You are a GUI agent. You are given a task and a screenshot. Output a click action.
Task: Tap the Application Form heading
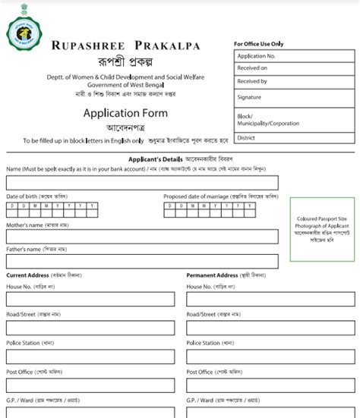pos(125,114)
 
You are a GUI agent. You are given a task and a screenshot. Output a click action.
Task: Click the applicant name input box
pos(141,183)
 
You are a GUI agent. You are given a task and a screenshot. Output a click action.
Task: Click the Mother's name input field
pos(141,235)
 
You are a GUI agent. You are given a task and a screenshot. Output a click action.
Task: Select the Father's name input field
pos(141,259)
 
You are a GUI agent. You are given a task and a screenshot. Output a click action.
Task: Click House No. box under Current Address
pos(90,300)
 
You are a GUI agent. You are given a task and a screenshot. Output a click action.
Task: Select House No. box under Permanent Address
pos(270,300)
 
